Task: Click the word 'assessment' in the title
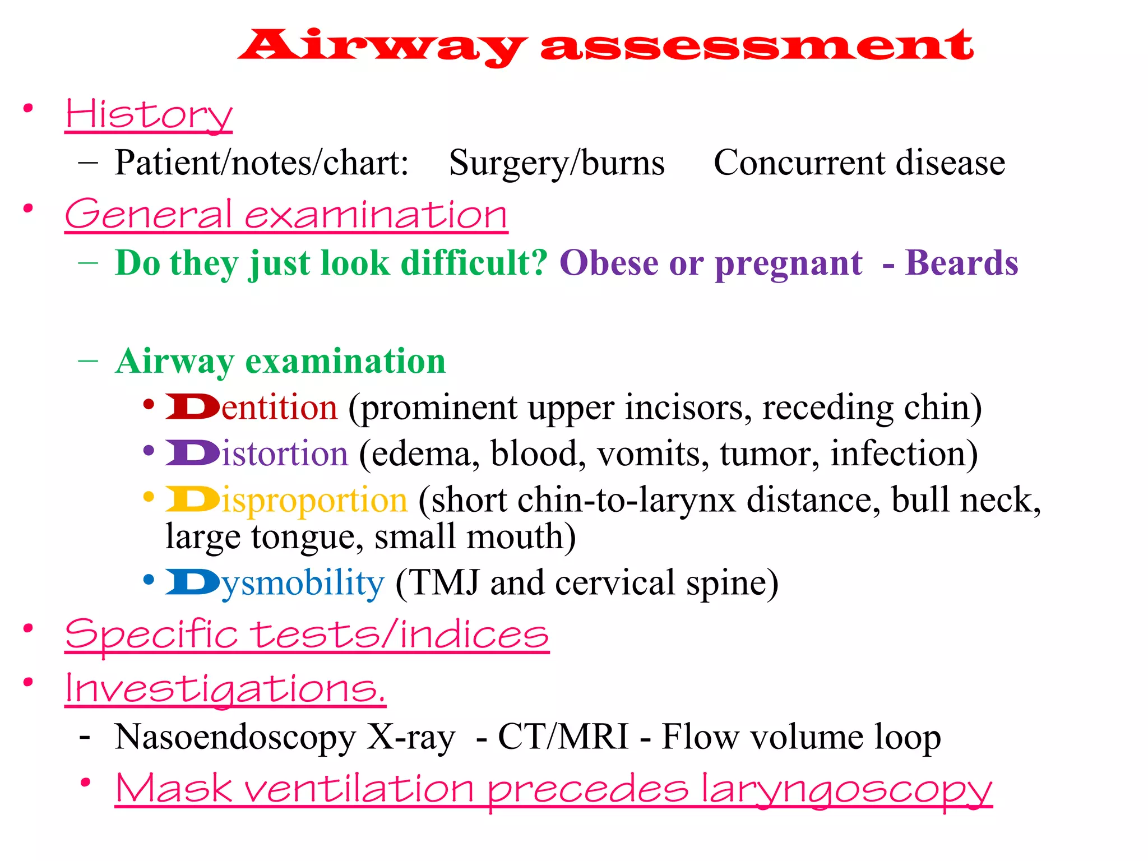[x=757, y=46]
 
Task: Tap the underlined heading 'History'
[x=149, y=114]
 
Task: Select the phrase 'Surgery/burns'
[x=557, y=163]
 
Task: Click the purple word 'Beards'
[x=961, y=263]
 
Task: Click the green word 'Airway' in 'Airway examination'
[x=174, y=362]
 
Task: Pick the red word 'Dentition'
[x=252, y=408]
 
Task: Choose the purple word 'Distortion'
[x=257, y=453]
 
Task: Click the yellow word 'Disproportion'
[x=286, y=500]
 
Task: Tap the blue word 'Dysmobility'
[x=275, y=583]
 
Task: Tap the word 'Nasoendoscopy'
[x=235, y=737]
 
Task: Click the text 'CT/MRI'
[x=563, y=737]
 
